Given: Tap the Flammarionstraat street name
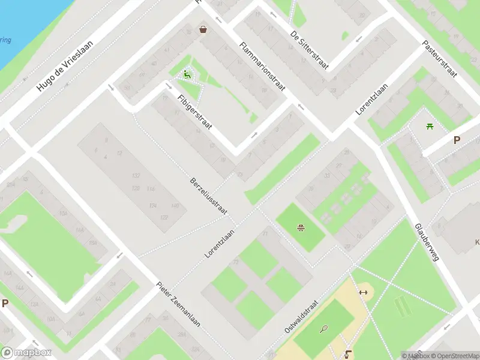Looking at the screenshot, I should (262, 67).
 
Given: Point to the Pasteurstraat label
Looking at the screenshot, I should (440, 59).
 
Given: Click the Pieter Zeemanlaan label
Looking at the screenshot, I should (178, 304).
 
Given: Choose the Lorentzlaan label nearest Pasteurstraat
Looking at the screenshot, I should (372, 100).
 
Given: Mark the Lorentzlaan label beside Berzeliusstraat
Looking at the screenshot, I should (219, 238).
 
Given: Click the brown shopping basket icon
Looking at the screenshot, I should (203, 29).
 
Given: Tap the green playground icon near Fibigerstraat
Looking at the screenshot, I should (187, 75).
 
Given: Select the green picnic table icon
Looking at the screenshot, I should (430, 126).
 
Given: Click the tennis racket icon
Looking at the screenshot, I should (325, 329).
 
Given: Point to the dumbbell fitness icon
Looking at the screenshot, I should (362, 292).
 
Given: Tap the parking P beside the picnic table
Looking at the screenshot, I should (457, 140).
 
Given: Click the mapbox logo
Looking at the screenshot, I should (26, 353).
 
